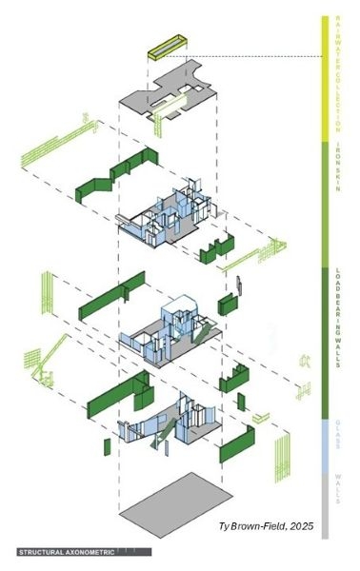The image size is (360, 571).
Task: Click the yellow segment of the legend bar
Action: pos(327,76)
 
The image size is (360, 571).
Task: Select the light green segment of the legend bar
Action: pos(327,200)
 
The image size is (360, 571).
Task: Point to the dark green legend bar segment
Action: pos(327,333)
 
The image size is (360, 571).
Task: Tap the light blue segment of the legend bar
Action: pos(327,438)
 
